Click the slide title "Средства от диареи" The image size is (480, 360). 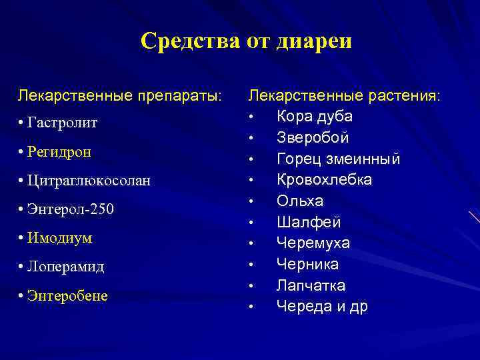[246, 41]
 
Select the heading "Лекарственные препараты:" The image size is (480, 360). [121, 95]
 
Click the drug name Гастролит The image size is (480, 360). [63, 123]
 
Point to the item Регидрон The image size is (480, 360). [59, 152]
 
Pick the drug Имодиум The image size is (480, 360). [60, 238]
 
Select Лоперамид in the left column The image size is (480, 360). [65, 267]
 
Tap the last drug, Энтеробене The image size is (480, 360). [67, 295]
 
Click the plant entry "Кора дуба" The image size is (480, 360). [315, 116]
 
